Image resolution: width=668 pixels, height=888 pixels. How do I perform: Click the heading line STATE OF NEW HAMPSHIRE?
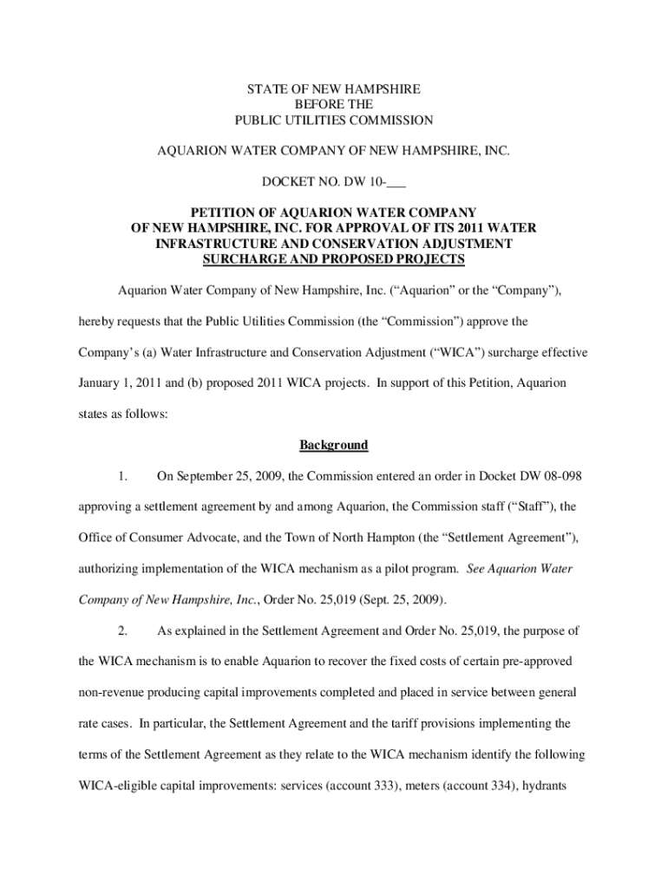(334, 88)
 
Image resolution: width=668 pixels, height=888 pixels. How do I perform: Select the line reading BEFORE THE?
(334, 104)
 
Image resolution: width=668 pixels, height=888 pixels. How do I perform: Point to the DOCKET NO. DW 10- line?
(334, 182)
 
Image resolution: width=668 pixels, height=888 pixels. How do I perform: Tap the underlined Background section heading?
(334, 445)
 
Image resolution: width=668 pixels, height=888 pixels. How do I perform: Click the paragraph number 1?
(124, 475)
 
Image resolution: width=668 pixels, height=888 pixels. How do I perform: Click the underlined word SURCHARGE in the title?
(246, 259)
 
